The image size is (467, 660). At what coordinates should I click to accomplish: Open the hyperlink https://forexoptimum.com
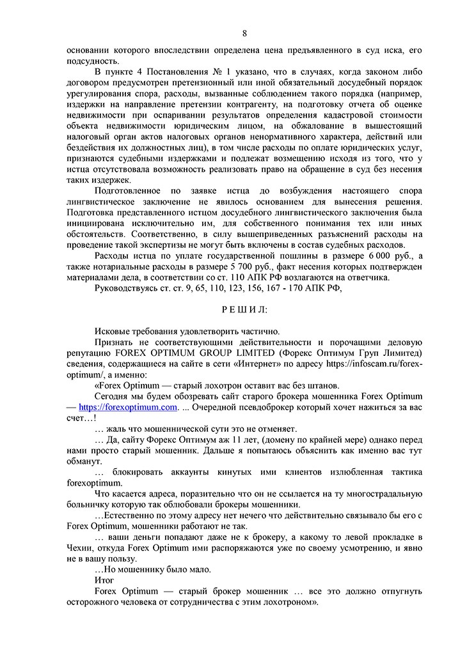127,407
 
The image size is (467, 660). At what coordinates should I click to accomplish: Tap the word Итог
104,580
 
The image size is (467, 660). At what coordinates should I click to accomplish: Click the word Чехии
81,548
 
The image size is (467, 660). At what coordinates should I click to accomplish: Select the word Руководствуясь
127,289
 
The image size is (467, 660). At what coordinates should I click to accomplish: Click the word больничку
90,505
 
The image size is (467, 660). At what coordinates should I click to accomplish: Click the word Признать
114,342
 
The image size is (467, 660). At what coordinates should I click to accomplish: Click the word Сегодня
113,396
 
